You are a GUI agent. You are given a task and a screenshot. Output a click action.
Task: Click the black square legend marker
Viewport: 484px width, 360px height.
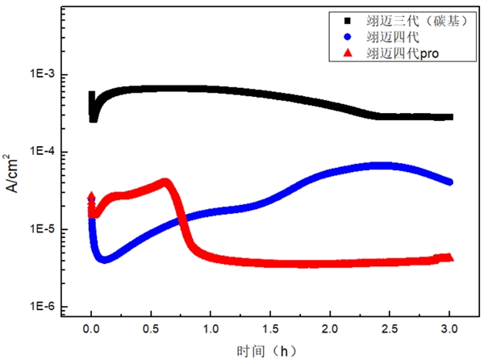click(348, 19)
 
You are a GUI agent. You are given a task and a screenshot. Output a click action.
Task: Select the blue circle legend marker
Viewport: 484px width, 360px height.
click(348, 36)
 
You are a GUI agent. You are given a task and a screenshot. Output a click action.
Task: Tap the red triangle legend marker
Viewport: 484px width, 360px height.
click(348, 52)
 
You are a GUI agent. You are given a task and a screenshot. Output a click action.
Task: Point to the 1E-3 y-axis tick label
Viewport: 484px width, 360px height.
click(42, 74)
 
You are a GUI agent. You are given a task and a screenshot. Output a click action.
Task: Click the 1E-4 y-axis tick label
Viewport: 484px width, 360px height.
click(42, 152)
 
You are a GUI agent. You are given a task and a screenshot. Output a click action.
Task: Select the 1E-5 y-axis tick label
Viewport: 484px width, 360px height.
click(42, 229)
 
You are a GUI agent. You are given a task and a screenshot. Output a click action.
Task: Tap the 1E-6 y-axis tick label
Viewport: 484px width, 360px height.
click(42, 307)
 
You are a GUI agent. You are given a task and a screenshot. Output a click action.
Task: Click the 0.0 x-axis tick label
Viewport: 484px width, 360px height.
click(91, 330)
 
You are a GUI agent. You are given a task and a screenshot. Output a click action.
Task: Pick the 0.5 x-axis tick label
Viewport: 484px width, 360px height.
click(151, 330)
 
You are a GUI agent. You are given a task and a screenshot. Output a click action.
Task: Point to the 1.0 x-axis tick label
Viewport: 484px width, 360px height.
click(211, 330)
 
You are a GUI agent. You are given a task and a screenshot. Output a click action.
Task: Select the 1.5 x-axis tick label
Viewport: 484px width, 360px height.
click(270, 330)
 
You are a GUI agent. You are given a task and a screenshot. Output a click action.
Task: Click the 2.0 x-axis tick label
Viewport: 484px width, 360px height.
click(330, 330)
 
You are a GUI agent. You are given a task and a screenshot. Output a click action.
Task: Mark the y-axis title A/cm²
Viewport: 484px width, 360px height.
click(14, 171)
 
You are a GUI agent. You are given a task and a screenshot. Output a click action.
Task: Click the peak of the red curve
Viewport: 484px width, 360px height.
click(165, 182)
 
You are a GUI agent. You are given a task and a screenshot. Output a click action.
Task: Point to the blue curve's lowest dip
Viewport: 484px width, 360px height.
click(103, 260)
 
